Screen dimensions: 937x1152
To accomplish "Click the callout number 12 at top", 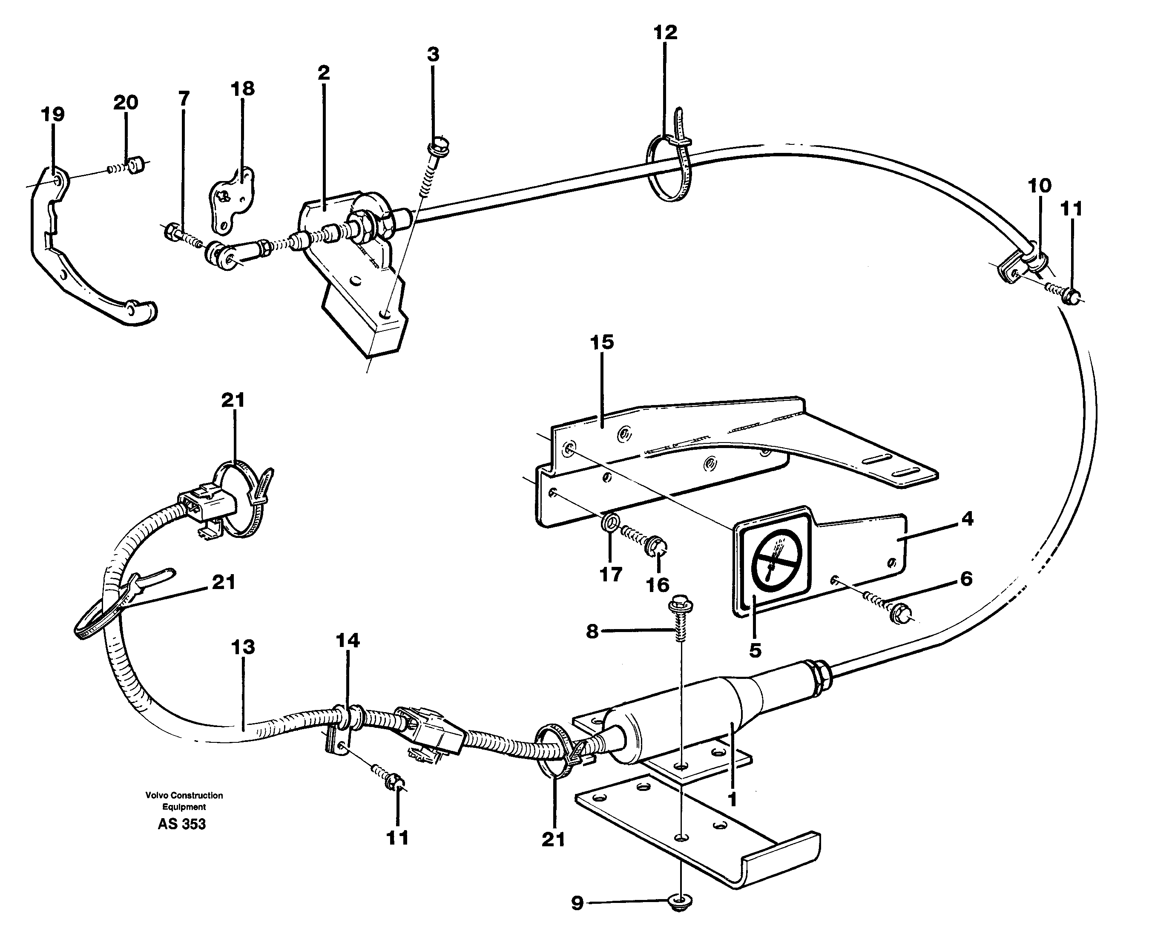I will point(665,33).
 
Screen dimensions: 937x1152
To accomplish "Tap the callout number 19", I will point(53,115).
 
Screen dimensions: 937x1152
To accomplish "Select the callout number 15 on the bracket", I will point(602,342).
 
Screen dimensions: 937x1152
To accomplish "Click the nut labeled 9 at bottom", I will point(681,901).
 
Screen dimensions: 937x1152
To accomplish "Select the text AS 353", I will point(182,824).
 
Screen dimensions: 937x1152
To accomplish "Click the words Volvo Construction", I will point(184,795).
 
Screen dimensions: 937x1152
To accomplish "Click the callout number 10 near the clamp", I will point(1039,186).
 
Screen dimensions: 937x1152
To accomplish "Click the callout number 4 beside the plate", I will point(967,519).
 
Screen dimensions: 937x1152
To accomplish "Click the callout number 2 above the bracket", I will point(323,72).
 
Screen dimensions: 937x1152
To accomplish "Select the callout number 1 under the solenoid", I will point(732,799).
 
